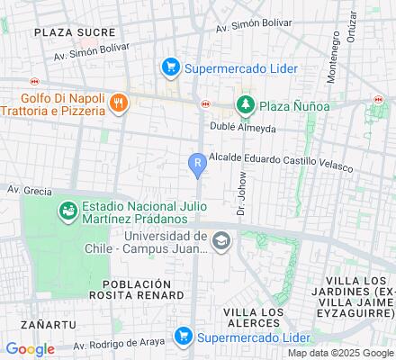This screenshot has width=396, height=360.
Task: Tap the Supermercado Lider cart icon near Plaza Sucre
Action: point(168,67)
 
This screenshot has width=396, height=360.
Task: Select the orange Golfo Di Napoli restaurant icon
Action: point(117,103)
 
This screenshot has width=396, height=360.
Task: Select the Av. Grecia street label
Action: point(25,190)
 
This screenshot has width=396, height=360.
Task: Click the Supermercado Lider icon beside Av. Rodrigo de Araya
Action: point(184,336)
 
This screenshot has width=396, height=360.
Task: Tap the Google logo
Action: point(29,349)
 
